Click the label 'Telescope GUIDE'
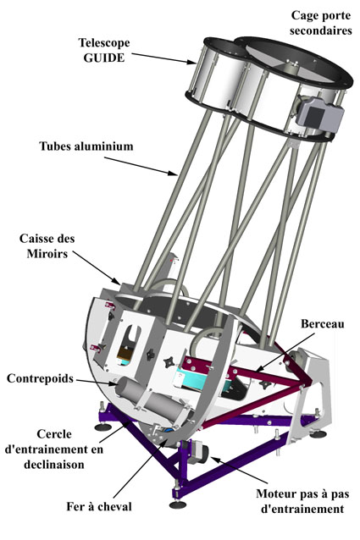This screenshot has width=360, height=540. [x=104, y=50]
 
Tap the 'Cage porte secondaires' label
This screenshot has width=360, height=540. [x=321, y=23]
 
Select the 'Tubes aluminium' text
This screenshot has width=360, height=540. [x=86, y=146]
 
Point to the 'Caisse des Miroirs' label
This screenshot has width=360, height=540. [x=47, y=246]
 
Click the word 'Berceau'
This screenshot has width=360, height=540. [x=323, y=323]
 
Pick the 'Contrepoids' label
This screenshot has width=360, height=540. [x=40, y=378]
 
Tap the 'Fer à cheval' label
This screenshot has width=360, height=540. [x=99, y=507]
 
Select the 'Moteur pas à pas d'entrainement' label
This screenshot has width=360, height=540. [x=302, y=501]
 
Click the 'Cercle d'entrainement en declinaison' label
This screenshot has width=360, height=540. [x=54, y=449]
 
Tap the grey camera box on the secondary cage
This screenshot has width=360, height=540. [x=319, y=114]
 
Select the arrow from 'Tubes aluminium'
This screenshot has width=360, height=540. [x=141, y=167]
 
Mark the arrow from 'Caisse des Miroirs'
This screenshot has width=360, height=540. [x=97, y=267]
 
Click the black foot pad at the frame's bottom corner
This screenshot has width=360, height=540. [x=178, y=504]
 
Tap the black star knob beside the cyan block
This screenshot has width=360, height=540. [x=170, y=362]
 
